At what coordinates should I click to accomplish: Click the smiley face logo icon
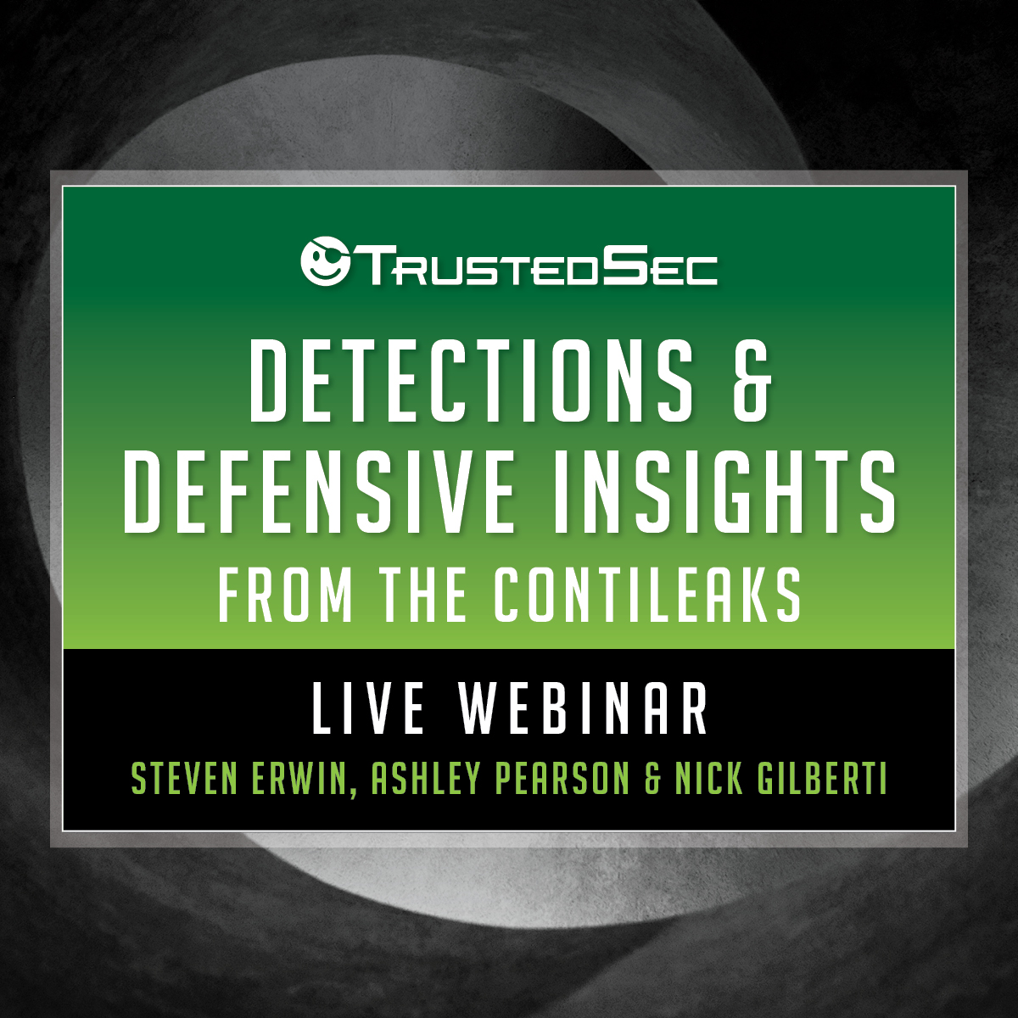[x=325, y=261]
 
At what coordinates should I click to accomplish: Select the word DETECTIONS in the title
[x=471, y=380]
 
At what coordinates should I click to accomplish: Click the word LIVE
[x=368, y=708]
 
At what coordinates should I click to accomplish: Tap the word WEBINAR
[x=583, y=708]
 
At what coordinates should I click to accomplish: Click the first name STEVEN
[x=184, y=778]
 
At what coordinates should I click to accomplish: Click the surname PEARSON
[x=562, y=778]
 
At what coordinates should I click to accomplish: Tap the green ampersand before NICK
[x=652, y=778]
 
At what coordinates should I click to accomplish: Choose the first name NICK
[x=708, y=778]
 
